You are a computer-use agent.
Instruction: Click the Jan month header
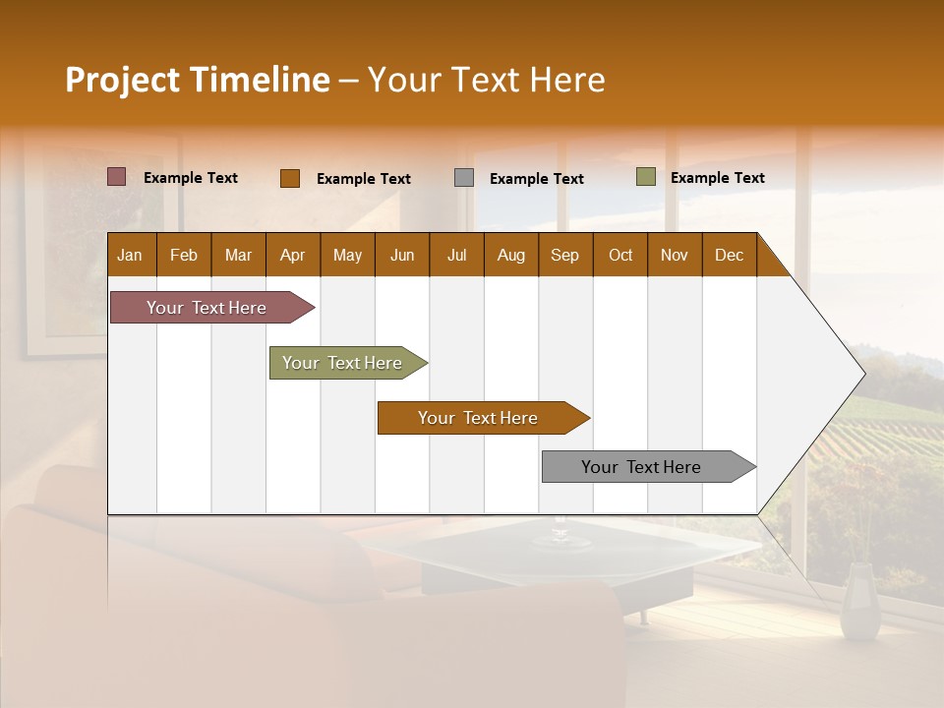pos(130,256)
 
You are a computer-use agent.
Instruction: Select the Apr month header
pos(292,256)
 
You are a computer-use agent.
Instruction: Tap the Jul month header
pos(456,256)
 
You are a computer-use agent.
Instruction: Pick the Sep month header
pos(564,256)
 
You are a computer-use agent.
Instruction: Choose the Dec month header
pos(729,256)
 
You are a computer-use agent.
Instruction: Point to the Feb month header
pos(184,256)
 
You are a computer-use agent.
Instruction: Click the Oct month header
pos(620,256)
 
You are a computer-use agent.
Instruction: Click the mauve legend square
pos(117,177)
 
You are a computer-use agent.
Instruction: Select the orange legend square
pos(290,178)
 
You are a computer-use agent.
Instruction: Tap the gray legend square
pos(464,178)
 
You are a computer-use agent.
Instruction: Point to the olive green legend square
pos(646,177)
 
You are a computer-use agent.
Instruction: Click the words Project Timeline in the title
pos(197,80)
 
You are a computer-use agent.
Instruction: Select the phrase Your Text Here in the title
pos(486,80)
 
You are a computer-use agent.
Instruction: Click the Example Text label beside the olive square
pos(717,178)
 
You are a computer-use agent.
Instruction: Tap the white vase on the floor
pos(860,605)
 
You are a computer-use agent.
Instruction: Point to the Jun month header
pos(402,256)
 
